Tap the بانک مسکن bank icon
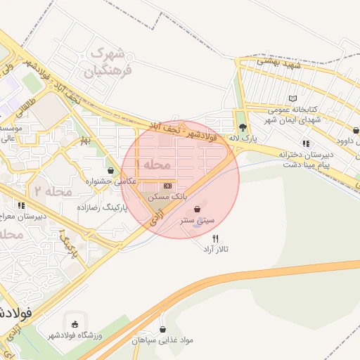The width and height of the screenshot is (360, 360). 167,184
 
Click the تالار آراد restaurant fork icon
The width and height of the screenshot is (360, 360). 216,238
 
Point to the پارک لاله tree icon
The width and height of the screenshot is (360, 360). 243,128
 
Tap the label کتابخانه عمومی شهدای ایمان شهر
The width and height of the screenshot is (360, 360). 295,115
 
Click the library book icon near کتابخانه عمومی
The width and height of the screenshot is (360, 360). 292,98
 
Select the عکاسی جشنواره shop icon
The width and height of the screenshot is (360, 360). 110,170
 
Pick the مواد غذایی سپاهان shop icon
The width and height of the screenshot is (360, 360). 163,328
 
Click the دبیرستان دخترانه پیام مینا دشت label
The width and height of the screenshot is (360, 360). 302,158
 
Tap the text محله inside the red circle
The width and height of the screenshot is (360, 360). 156,165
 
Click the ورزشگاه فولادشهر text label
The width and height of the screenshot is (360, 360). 75,335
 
